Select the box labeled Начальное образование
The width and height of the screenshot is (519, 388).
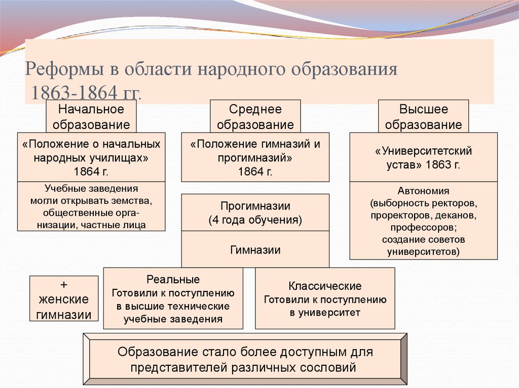coord(91,116)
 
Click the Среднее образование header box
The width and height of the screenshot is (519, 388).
coord(255,116)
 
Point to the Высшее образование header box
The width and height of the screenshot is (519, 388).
coord(424,116)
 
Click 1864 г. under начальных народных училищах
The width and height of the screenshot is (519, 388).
coord(91,171)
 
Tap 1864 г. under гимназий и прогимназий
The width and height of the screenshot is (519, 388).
coord(255,171)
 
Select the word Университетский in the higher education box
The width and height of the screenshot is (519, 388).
coord(424,151)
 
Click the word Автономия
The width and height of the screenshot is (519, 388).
coord(424,192)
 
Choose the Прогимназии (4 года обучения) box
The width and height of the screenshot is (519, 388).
coord(255,213)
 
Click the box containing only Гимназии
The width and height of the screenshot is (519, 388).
coord(255,249)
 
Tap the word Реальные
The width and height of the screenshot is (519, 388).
coord(173,280)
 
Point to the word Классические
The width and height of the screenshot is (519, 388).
coord(325,286)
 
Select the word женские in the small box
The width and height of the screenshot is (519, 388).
coord(64,299)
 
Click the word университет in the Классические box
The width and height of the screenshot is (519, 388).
coord(335,312)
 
